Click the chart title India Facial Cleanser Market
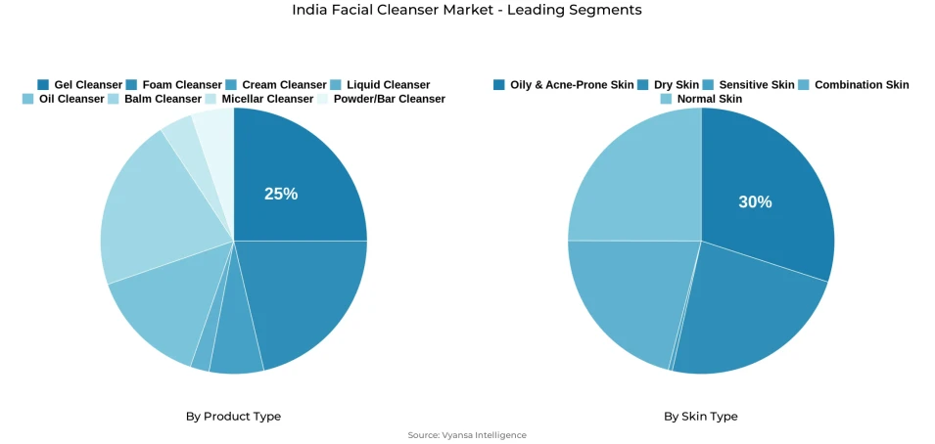(467, 10)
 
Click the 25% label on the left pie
(281, 194)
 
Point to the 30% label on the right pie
(755, 202)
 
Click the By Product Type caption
(233, 417)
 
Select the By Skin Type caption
(701, 417)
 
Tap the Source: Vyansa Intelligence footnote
(467, 435)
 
